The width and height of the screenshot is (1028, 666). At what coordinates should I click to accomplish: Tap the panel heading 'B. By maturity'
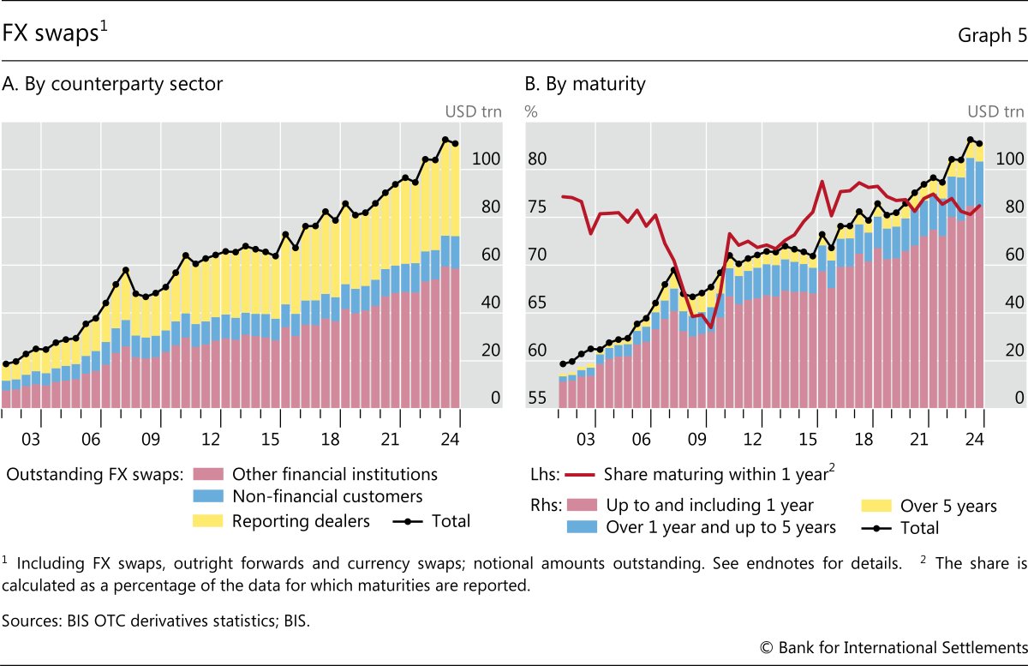click(585, 84)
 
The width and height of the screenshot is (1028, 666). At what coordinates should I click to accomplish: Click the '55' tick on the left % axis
click(536, 399)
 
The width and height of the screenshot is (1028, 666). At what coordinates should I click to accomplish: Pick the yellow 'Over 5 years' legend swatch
click(874, 506)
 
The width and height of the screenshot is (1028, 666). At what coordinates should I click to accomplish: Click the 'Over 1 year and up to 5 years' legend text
click(720, 527)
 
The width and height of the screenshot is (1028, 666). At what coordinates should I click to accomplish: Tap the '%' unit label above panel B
click(531, 111)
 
